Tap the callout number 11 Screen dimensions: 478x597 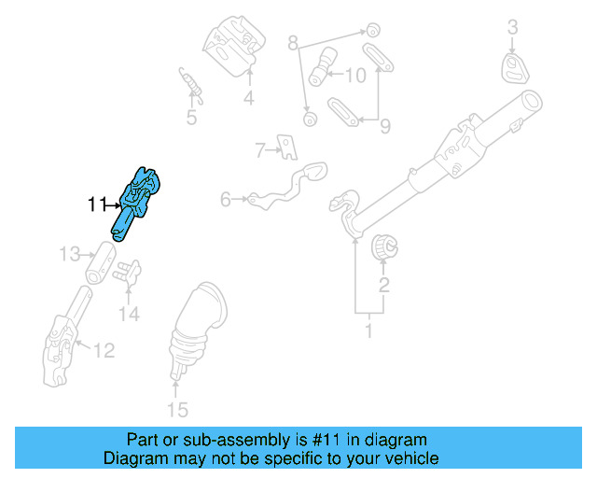[97, 204]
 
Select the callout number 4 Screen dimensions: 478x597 [249, 97]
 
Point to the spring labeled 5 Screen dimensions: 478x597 [190, 86]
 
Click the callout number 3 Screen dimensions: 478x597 [512, 28]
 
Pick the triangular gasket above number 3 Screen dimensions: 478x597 [513, 68]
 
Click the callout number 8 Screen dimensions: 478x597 [293, 43]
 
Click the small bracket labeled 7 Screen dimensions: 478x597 [289, 147]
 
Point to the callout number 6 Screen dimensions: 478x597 [225, 199]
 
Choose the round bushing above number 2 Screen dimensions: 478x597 [384, 249]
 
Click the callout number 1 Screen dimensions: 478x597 [368, 330]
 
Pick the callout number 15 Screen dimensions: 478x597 [176, 409]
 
